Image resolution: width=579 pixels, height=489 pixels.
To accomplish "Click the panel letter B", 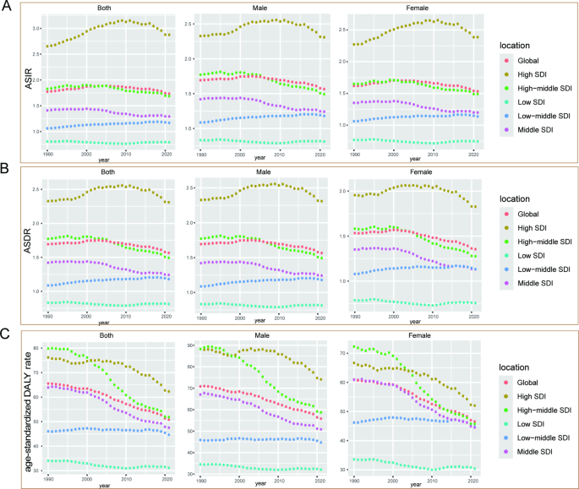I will [x=6, y=171].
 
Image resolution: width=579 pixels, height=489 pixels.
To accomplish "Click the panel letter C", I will [x=6, y=334].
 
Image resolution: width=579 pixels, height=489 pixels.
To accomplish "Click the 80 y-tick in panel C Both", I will [x=36, y=348].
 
